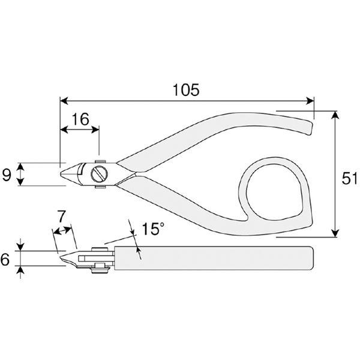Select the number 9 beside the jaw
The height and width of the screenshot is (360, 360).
pyautogui.click(x=7, y=175)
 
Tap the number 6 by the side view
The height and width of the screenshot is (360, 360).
pyautogui.click(x=6, y=259)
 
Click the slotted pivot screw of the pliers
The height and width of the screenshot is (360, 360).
pyautogui.click(x=98, y=175)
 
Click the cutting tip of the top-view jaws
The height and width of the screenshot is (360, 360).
pyautogui.click(x=62, y=174)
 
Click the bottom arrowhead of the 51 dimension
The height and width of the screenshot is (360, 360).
pyautogui.click(x=334, y=235)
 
